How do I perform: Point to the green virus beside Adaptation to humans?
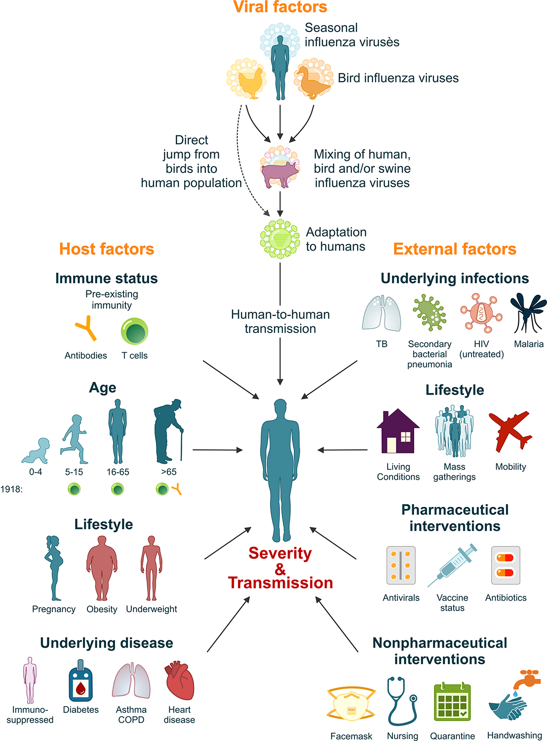tap(280, 239)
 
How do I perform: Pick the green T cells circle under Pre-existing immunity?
tap(135, 331)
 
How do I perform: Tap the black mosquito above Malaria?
tap(528, 312)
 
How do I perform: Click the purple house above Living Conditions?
tap(398, 431)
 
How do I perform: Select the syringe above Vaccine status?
tap(453, 565)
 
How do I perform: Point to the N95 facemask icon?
tap(351, 704)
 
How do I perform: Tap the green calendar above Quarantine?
tap(452, 701)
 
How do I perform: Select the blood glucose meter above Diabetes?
tap(80, 681)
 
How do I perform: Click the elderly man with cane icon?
tap(168, 431)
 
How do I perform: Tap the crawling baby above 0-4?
tap(36, 451)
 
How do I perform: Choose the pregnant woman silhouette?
tap(54, 568)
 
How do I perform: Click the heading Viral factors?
tap(280, 7)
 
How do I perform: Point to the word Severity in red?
tap(280, 553)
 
